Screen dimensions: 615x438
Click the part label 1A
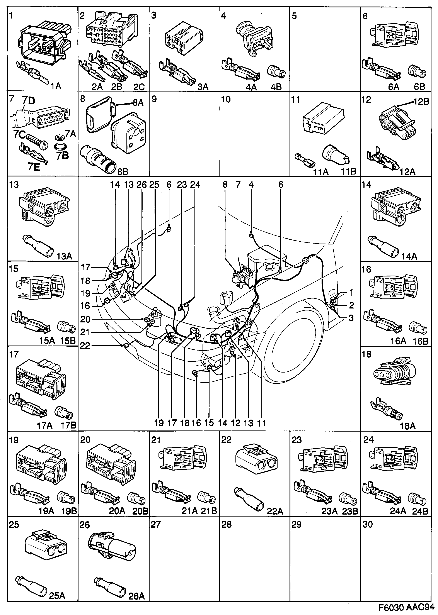click(x=56, y=86)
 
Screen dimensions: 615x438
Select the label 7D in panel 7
click(x=29, y=100)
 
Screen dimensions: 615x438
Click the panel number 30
click(x=368, y=524)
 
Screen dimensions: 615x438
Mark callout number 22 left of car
click(x=85, y=346)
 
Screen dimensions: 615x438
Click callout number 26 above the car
click(x=141, y=185)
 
